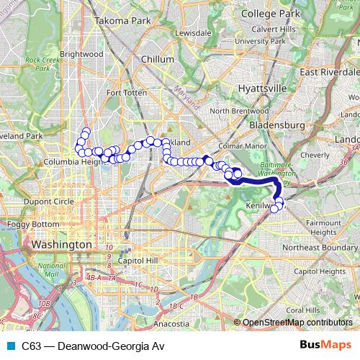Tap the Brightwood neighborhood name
point(82,53)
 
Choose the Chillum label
point(158,59)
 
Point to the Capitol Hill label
point(132,259)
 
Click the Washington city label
point(62,246)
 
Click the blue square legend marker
point(11,345)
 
